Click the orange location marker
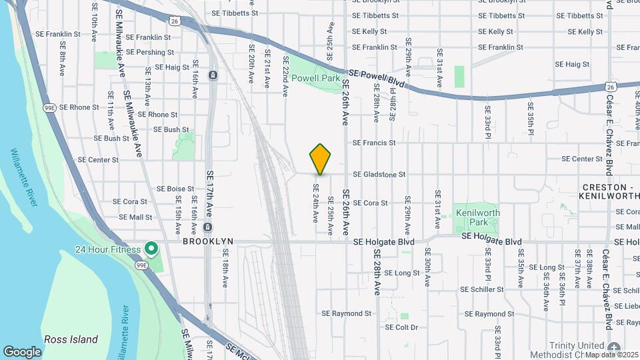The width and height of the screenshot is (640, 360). tap(320, 159)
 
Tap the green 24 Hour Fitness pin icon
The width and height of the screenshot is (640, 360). tap(151, 249)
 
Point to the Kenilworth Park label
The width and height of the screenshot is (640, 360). tap(477, 217)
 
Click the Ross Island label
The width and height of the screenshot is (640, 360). tap(71, 339)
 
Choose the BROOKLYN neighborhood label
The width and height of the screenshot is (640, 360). tap(209, 241)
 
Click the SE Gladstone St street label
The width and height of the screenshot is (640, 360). tap(379, 175)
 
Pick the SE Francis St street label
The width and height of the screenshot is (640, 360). tap(374, 143)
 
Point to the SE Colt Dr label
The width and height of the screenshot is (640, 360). tap(401, 327)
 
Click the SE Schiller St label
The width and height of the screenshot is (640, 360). tap(482, 289)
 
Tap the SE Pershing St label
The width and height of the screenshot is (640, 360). tap(149, 52)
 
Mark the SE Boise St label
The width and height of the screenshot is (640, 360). tap(175, 189)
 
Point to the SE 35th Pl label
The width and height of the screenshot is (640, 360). tap(531, 118)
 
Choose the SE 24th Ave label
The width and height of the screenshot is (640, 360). tap(316, 203)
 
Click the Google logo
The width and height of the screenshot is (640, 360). tap(23, 351)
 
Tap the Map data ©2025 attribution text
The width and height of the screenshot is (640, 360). tap(611, 354)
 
